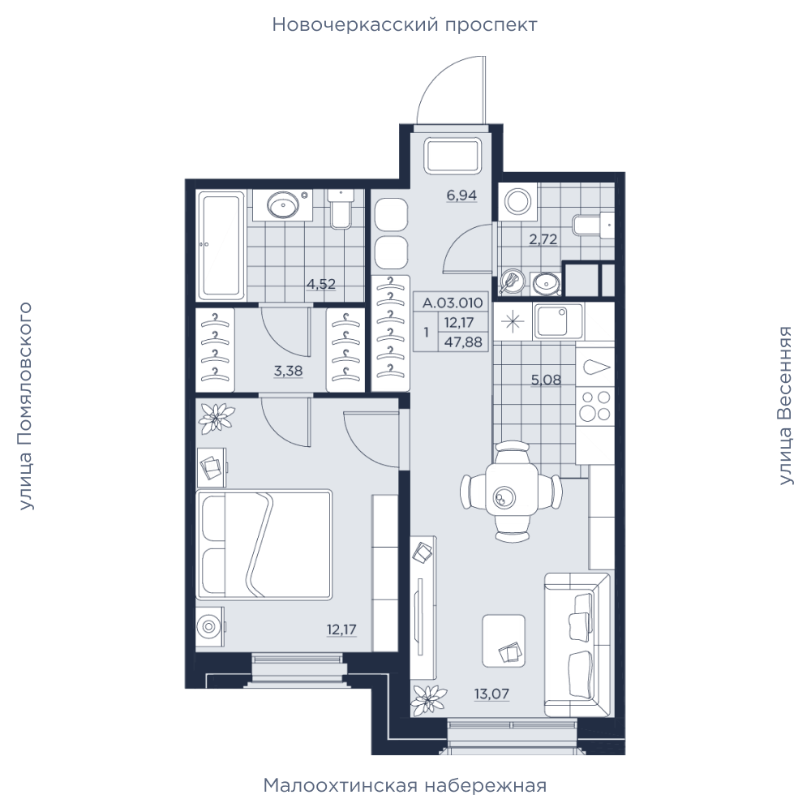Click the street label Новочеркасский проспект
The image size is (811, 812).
point(405,25)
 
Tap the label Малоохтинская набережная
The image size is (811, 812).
point(405,785)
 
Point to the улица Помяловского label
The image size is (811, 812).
point(25,406)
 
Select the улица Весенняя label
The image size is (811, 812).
point(786,406)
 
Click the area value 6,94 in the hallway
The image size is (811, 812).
point(461,195)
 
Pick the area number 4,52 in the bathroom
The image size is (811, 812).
point(321,284)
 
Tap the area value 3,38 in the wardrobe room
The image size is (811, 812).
point(288,372)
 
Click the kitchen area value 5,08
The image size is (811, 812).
point(546,380)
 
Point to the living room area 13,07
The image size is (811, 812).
point(491,694)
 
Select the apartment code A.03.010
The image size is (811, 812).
point(453,303)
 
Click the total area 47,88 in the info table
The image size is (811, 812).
point(463,342)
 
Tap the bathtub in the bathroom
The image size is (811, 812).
point(222,246)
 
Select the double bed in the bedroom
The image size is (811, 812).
point(264,545)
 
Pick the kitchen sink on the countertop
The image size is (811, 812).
point(558,321)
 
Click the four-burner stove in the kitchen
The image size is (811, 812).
point(594,406)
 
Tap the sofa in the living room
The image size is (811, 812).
point(577,645)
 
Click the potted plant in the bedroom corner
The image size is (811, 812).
point(217,418)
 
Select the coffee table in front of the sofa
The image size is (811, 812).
point(504,641)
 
